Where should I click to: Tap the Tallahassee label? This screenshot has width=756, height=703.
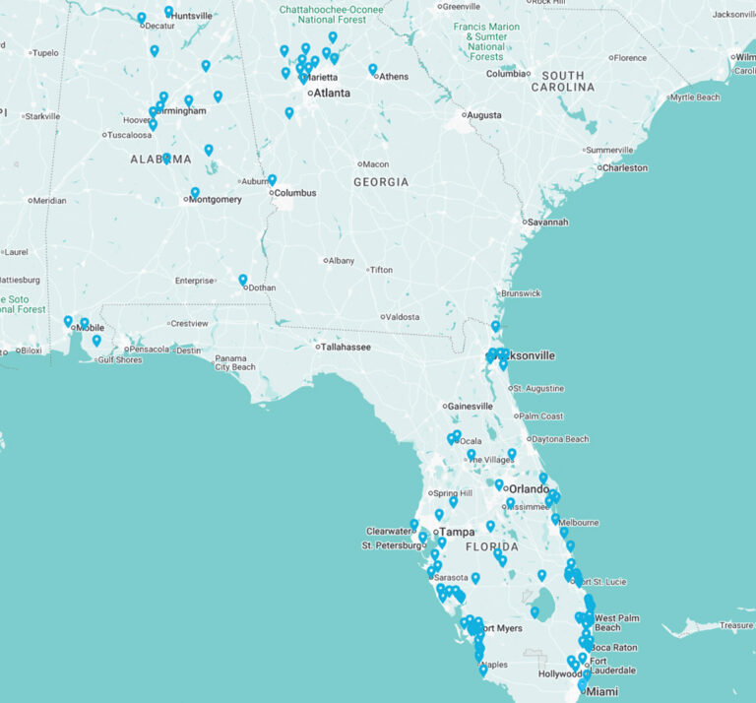346,347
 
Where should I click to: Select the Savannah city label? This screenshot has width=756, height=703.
547,222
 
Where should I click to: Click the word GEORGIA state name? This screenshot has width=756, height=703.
381,182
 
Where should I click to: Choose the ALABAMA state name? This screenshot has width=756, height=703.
160,159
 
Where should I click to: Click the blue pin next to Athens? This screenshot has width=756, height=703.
373,69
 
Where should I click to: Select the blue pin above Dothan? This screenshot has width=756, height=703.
243,280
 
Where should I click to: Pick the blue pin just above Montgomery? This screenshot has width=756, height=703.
195,193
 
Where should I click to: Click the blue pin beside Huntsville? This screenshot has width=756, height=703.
168,12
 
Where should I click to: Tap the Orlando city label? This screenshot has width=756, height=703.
529,489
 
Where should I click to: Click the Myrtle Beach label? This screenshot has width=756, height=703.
694,97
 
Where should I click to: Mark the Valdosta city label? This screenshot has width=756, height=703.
402,317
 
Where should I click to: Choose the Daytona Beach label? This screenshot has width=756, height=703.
559,439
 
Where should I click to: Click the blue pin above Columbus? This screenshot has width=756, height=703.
272,180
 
